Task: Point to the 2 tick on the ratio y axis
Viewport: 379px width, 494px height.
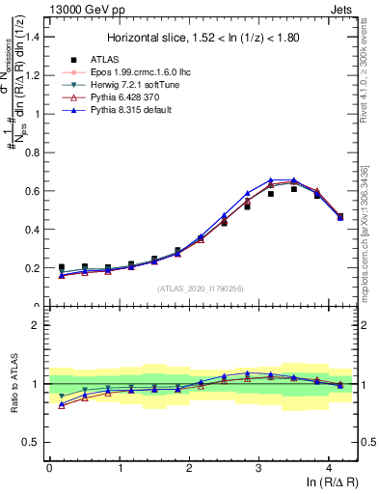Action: click(x=37, y=325)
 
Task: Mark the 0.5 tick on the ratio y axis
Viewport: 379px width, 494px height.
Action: click(x=33, y=442)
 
